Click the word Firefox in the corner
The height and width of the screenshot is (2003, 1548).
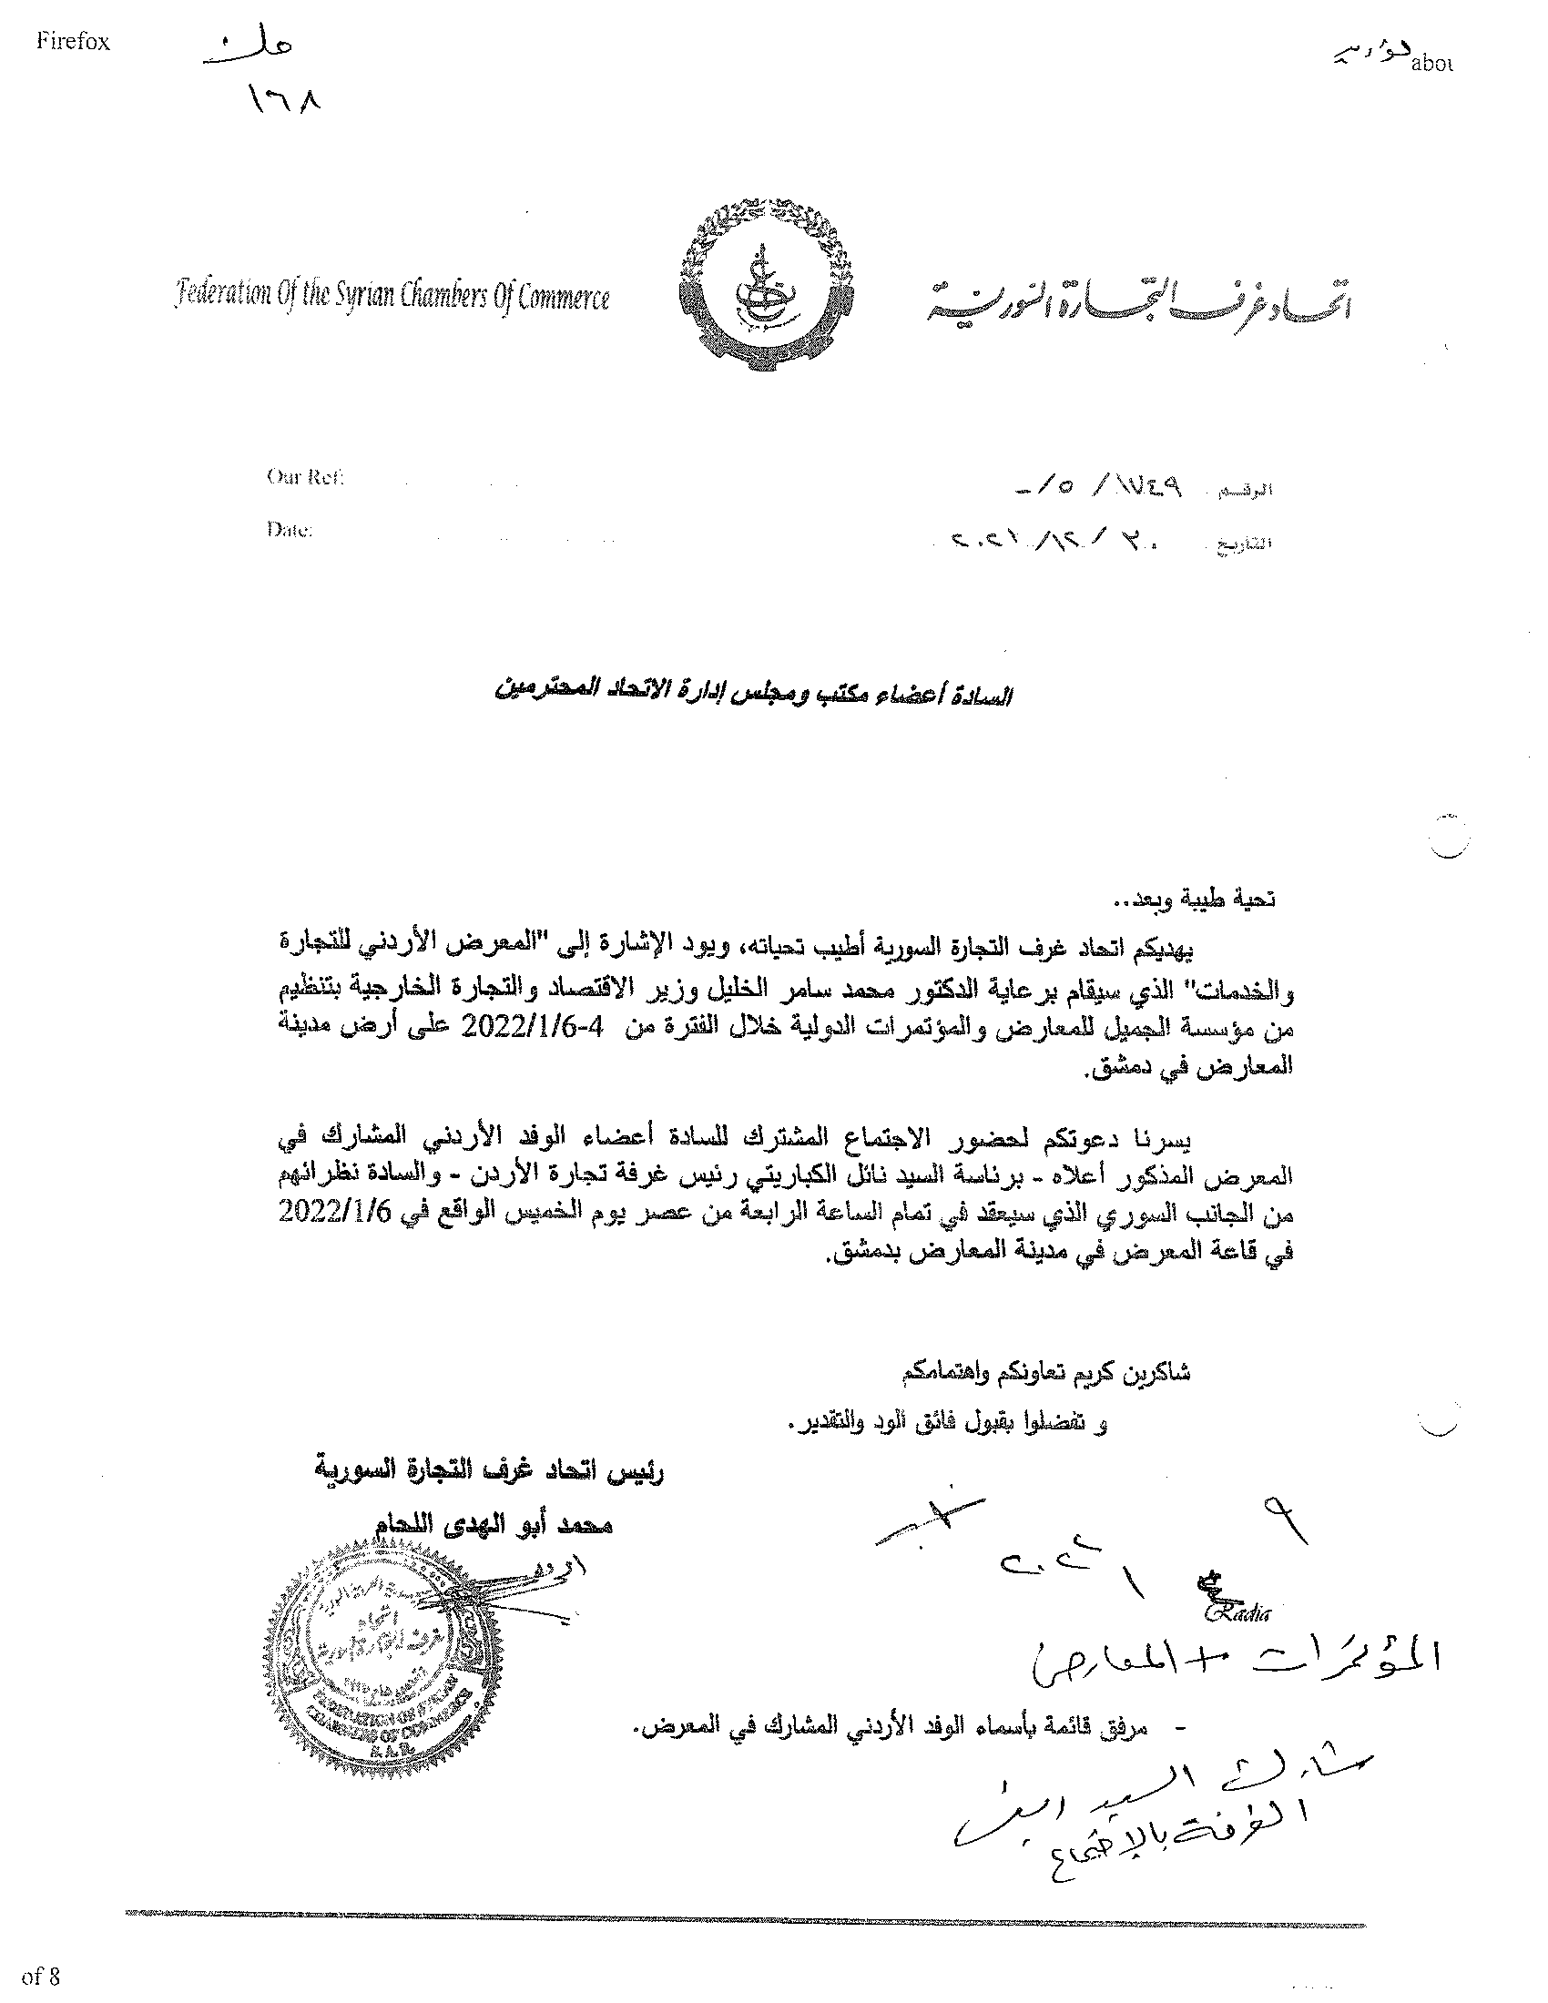click(74, 43)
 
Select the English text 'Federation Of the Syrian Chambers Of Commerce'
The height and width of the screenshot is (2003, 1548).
click(392, 298)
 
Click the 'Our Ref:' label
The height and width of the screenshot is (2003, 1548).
click(304, 477)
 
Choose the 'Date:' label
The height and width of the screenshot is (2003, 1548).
click(290, 530)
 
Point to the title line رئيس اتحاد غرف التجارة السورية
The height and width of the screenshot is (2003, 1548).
click(488, 1472)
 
